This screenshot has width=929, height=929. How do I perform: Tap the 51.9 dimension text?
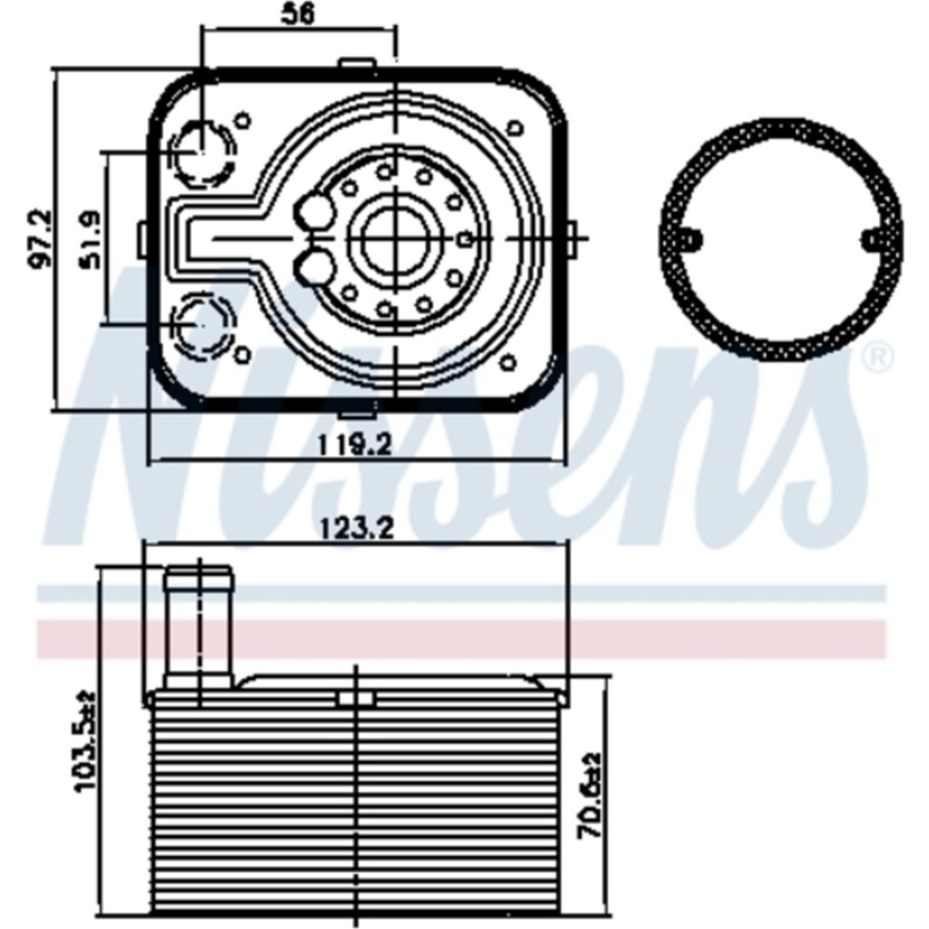coord(93,241)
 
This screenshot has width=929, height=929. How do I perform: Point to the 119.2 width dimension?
coord(353,445)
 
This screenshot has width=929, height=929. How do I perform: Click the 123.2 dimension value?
coord(357,529)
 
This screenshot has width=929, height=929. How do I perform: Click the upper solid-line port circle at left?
coord(202,151)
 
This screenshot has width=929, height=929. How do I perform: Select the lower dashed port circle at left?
coord(202,322)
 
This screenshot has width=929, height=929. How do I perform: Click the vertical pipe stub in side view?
coord(199,627)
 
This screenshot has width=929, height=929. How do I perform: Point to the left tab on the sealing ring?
coord(693,240)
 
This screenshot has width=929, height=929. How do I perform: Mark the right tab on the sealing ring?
coord(870,240)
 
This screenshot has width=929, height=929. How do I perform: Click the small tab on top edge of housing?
coord(355,64)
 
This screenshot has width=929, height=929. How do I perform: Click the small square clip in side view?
coord(355,698)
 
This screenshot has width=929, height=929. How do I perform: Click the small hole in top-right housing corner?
coord(514,126)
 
